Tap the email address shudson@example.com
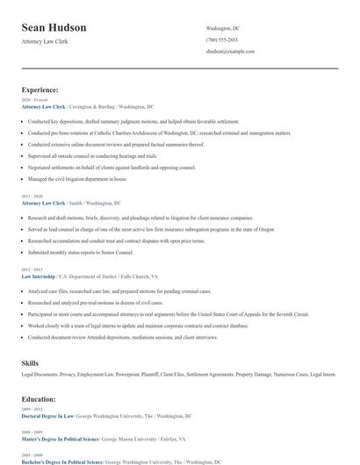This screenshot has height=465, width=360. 230,52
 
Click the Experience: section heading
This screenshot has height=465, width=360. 40,89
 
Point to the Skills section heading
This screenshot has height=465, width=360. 30,361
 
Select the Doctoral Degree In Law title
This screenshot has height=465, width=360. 47,416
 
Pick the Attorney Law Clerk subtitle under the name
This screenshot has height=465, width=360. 44,41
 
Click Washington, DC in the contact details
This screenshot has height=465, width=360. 222,28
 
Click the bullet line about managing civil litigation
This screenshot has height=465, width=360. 77,179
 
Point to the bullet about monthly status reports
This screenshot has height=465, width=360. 82,253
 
